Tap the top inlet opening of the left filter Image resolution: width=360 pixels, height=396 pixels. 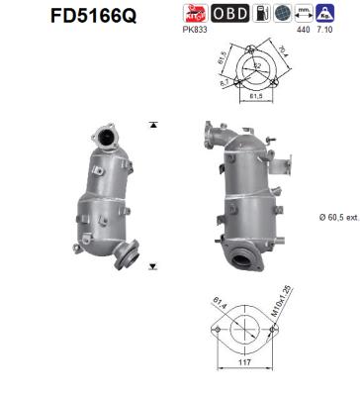coord(100,132)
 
